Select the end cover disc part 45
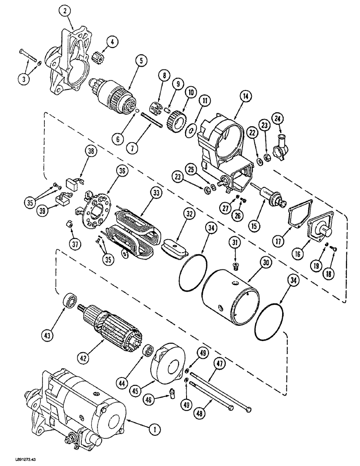(x=168, y=361)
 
